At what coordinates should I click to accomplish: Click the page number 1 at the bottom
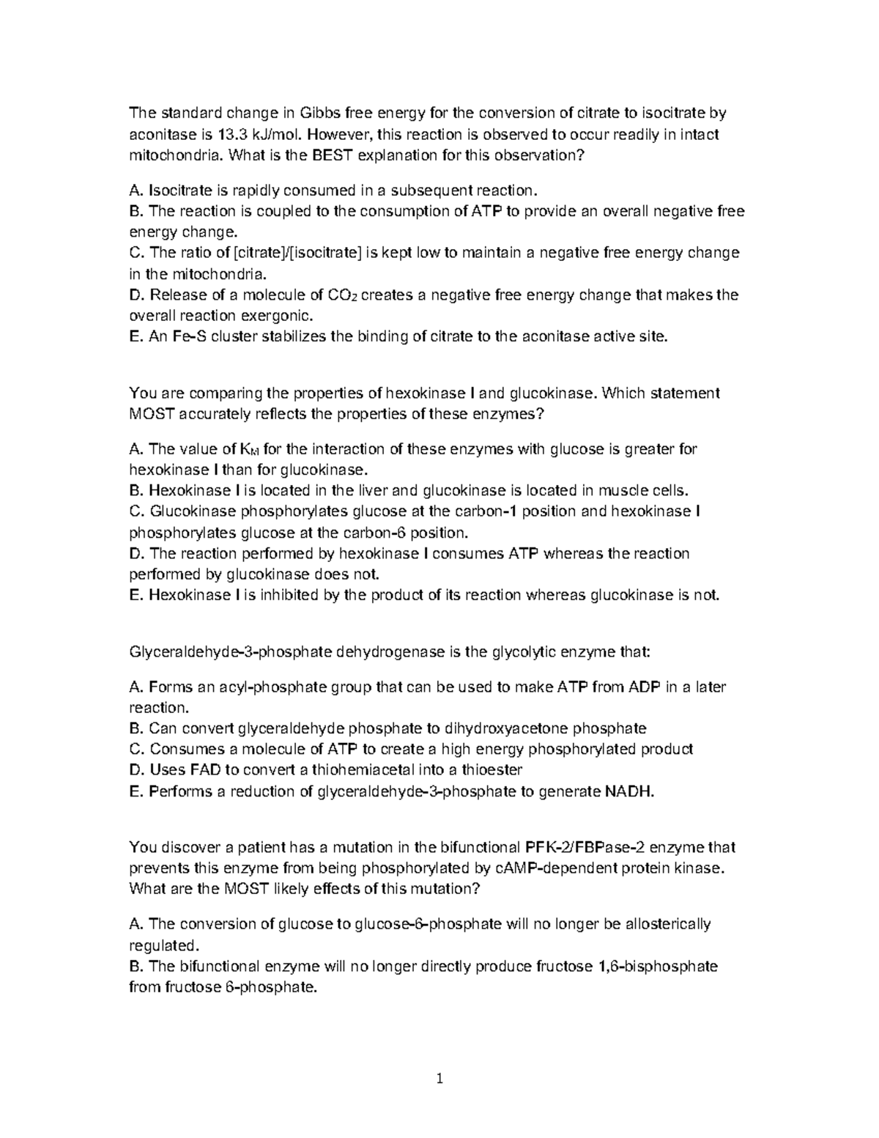click(439, 1079)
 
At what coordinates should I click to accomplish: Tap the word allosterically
click(668, 924)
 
